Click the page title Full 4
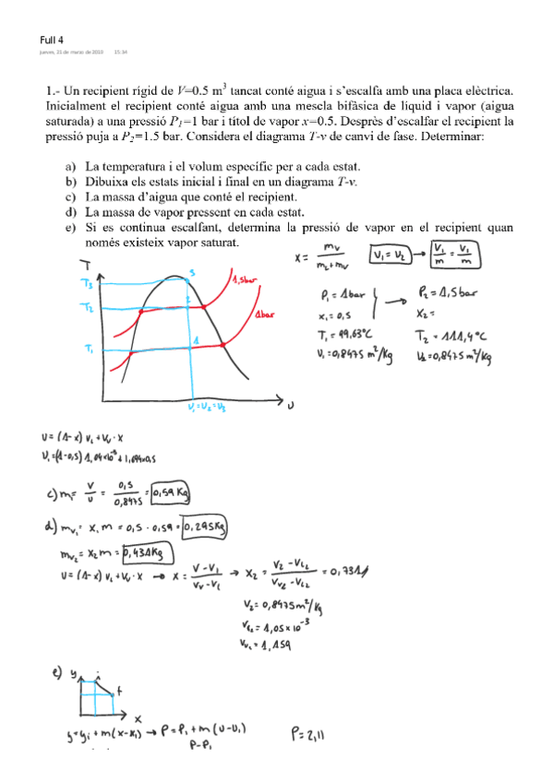[52, 40]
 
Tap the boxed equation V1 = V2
[391, 255]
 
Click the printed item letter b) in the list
[70, 183]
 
